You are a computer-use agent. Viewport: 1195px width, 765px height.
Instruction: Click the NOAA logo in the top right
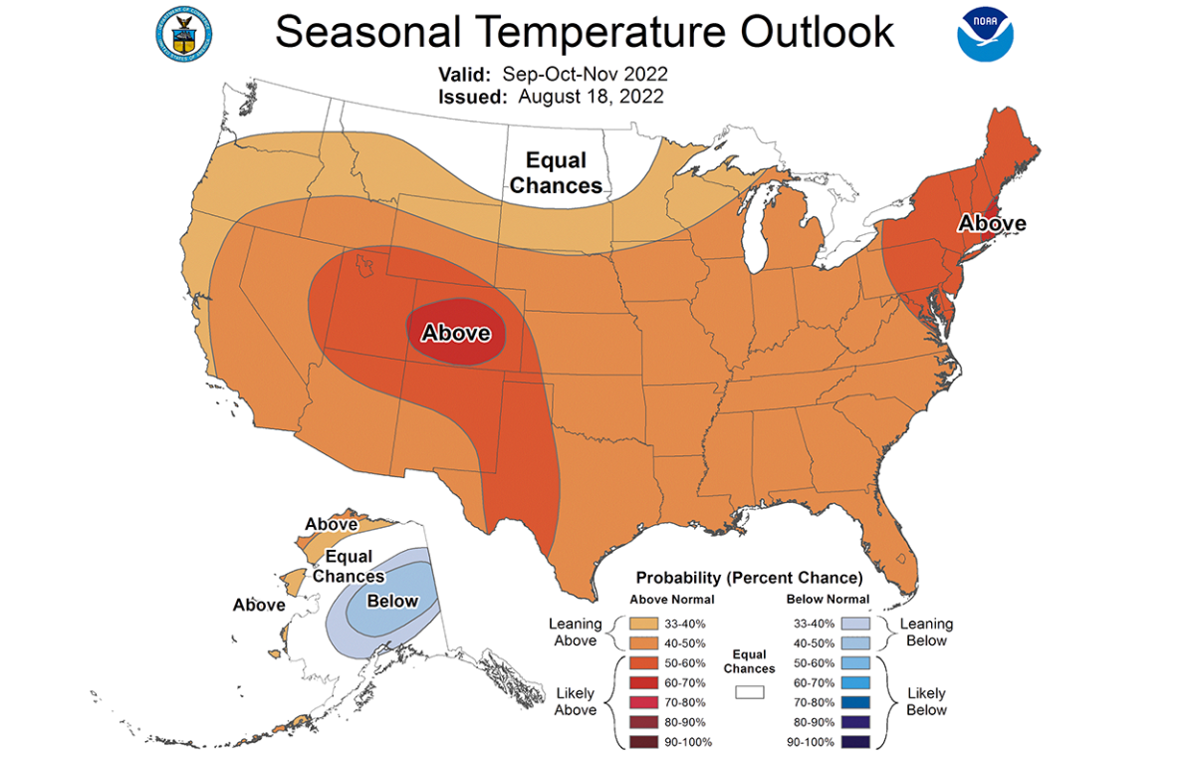tap(985, 34)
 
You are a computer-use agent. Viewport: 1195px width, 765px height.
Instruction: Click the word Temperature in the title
tap(584, 32)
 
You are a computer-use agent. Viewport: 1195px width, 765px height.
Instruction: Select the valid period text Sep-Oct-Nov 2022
tap(585, 75)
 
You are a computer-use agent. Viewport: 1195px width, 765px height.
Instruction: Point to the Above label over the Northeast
tap(991, 223)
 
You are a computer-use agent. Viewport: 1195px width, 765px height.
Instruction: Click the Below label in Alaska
tap(392, 601)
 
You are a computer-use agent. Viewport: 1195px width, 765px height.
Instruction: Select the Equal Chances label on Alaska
tap(349, 566)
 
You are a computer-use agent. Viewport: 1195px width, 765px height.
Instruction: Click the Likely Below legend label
tap(926, 701)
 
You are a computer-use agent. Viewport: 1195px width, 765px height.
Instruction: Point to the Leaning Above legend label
tap(576, 633)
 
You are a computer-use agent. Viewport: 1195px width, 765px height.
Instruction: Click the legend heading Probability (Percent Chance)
tap(749, 578)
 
